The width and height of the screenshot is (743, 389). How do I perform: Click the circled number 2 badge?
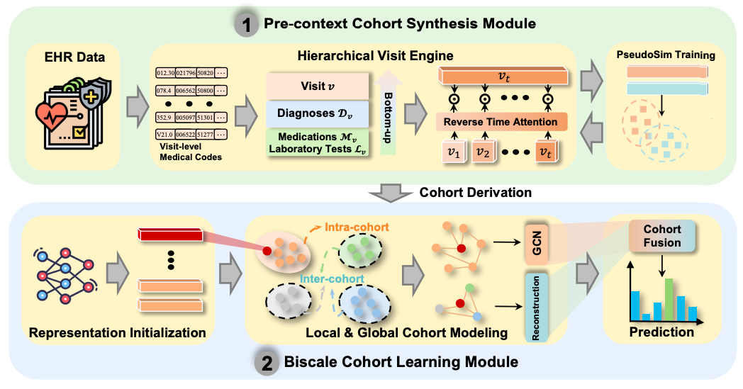click(265, 362)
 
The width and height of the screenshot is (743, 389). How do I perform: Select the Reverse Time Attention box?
click(500, 123)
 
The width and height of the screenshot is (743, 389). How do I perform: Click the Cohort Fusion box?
click(661, 237)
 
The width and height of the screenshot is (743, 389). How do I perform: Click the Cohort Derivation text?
click(464, 193)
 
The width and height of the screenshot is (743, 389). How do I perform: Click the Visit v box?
click(318, 85)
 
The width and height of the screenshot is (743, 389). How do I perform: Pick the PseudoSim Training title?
click(664, 54)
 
